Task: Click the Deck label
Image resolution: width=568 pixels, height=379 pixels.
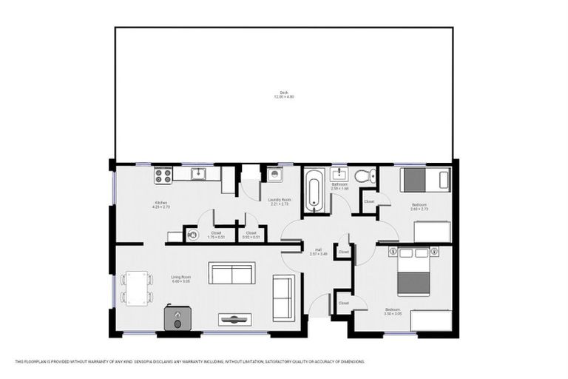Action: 284,93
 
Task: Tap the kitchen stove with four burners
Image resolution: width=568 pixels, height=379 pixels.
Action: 163,175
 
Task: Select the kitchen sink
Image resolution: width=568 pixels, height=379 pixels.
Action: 198,175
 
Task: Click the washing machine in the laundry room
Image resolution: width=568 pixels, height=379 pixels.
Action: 274,175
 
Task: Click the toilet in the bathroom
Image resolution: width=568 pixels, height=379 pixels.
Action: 362,176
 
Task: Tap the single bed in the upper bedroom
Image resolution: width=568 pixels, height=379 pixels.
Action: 425,180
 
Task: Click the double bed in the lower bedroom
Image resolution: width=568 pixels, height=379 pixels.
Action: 413,272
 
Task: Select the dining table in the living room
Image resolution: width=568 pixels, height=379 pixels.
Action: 137,287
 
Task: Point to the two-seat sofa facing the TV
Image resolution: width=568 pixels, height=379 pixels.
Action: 231,273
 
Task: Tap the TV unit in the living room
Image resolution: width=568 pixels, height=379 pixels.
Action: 234,319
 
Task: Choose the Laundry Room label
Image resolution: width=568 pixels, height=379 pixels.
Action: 280,200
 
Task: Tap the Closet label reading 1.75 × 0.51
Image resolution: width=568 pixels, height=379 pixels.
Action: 216,234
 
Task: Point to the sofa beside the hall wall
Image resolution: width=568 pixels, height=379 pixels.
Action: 283,297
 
